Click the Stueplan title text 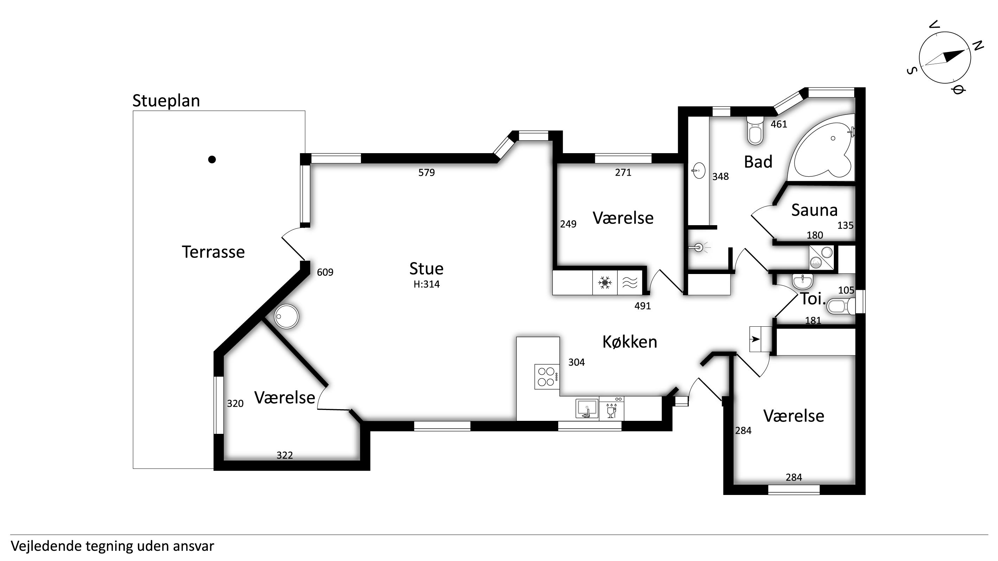click(x=166, y=101)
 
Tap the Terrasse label click(x=213, y=252)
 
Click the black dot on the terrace click(x=212, y=159)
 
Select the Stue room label click(x=426, y=268)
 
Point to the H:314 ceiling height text click(x=426, y=284)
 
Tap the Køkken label click(x=630, y=342)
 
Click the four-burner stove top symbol click(x=547, y=376)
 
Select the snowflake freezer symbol click(x=605, y=283)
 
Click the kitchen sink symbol click(x=587, y=409)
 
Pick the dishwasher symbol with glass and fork click(x=611, y=409)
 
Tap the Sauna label click(x=815, y=210)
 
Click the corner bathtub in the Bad click(x=823, y=147)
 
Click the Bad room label click(x=758, y=162)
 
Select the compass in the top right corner click(x=945, y=58)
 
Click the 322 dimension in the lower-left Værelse click(x=285, y=455)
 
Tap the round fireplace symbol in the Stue click(x=287, y=316)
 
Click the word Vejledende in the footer click(x=46, y=546)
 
